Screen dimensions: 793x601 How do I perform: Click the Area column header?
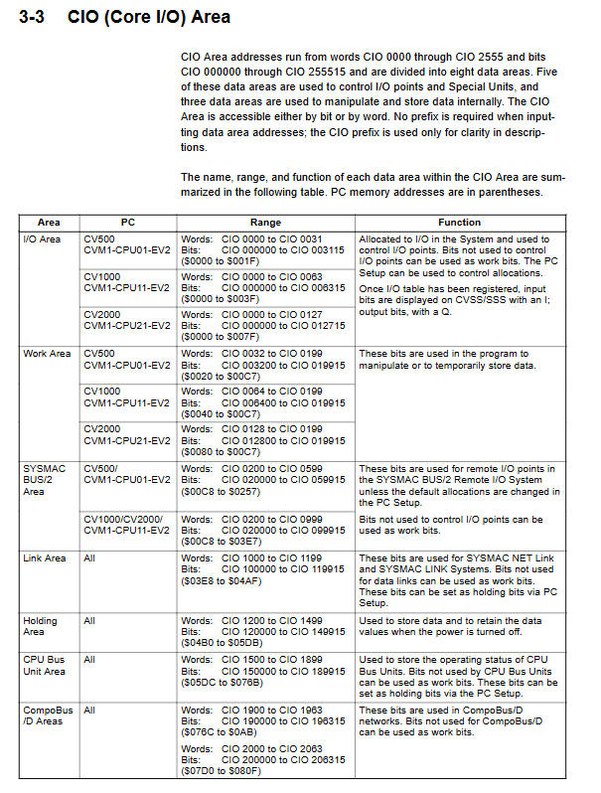(x=49, y=223)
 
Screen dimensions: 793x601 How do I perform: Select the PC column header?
(x=128, y=223)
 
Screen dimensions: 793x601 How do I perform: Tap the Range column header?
(x=265, y=223)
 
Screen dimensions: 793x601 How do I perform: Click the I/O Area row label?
(x=42, y=239)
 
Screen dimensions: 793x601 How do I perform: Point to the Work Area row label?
(x=47, y=354)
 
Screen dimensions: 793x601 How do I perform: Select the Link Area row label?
(x=45, y=558)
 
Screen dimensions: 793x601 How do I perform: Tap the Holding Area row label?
(x=41, y=626)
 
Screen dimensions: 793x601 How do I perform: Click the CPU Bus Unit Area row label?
(x=45, y=665)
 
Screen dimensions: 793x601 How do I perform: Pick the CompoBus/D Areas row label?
(x=48, y=716)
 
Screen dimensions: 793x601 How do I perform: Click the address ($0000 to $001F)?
(x=219, y=262)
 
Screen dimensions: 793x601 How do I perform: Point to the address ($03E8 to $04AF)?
(x=219, y=581)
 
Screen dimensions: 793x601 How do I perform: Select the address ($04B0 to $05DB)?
(x=219, y=643)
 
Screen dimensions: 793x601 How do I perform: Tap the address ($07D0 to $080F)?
(x=219, y=770)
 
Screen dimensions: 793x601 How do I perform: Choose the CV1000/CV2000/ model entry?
(x=122, y=519)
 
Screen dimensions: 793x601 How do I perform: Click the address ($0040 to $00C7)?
(x=219, y=414)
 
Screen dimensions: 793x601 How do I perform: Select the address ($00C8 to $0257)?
(x=219, y=491)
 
